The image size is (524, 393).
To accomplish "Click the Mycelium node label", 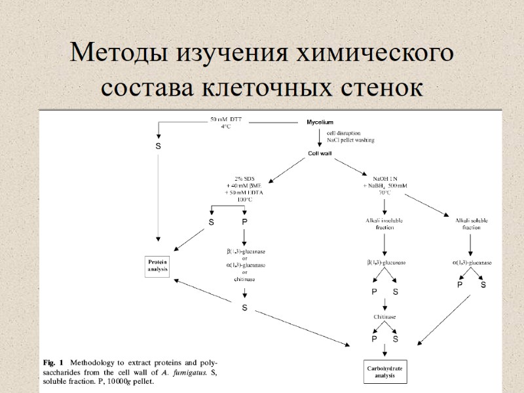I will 320,122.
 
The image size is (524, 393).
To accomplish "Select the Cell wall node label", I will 321,154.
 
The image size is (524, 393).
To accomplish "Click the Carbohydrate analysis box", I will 384,373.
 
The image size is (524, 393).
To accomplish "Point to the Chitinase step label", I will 384,316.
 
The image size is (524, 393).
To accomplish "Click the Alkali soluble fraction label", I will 472,224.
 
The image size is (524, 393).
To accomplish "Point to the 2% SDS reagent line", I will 244,178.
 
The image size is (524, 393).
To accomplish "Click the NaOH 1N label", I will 385,178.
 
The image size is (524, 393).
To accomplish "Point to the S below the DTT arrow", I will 158,146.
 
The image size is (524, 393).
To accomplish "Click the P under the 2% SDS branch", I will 244,222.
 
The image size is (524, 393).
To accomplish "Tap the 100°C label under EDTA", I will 244,199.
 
